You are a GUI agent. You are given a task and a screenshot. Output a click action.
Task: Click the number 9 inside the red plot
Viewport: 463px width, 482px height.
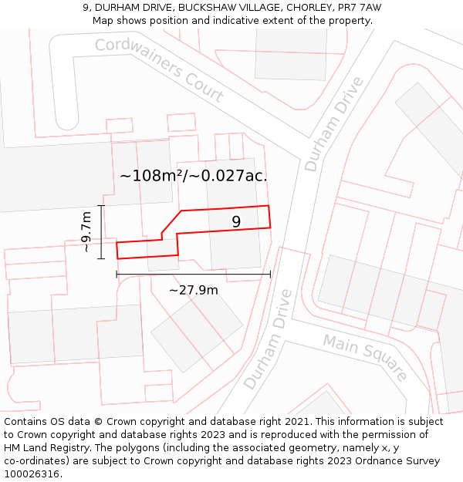point(236,222)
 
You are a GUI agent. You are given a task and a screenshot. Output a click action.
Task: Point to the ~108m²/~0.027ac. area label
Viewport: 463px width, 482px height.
point(194,175)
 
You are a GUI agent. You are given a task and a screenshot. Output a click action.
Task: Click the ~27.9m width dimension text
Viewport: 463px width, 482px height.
point(194,290)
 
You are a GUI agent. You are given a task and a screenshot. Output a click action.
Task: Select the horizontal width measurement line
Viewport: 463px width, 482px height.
point(194,274)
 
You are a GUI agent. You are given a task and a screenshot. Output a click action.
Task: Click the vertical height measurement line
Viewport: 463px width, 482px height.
point(101,231)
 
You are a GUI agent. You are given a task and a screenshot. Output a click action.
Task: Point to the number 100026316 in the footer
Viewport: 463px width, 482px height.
point(32,474)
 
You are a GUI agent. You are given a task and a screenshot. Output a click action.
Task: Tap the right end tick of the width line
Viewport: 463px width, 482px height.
point(270,274)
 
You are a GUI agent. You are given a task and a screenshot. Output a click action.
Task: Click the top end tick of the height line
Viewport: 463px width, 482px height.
point(101,204)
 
